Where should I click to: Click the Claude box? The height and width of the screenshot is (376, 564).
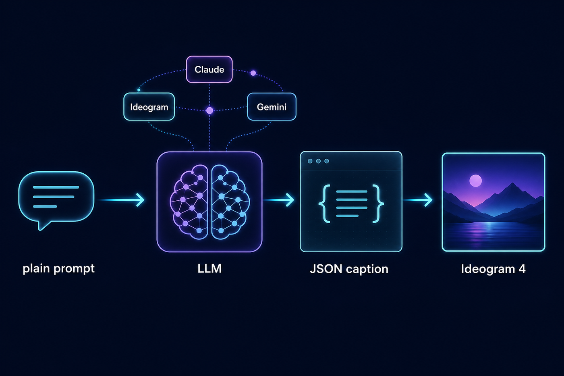coord(209,69)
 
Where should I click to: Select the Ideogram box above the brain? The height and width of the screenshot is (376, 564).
coord(149,107)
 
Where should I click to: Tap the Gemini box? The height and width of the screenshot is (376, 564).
coord(272,107)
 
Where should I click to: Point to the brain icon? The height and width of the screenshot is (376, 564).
coord(210,202)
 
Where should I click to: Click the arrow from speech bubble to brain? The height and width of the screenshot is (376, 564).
coord(121,200)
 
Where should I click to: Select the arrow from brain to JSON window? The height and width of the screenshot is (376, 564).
coord(279,200)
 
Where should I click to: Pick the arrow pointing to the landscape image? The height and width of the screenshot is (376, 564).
coord(418,200)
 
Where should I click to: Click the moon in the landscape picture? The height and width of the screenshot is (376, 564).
coord(476,181)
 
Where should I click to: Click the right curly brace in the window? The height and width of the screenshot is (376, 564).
coord(378,204)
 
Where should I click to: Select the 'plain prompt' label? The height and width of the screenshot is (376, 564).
coord(59,269)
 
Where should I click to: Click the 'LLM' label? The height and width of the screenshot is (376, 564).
coord(209,268)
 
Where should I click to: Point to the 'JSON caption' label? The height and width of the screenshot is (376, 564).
coord(349,269)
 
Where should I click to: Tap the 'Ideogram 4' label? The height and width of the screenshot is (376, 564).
coord(493,269)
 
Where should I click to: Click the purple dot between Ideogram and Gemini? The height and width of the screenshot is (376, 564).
coord(210,110)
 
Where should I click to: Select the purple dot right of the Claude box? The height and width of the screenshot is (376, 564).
coord(253,73)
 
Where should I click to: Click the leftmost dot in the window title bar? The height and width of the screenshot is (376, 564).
coord(310,161)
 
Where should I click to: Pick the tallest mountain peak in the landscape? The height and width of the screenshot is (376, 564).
coord(512,184)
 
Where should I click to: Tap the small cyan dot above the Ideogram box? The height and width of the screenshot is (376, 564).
coord(139,90)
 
